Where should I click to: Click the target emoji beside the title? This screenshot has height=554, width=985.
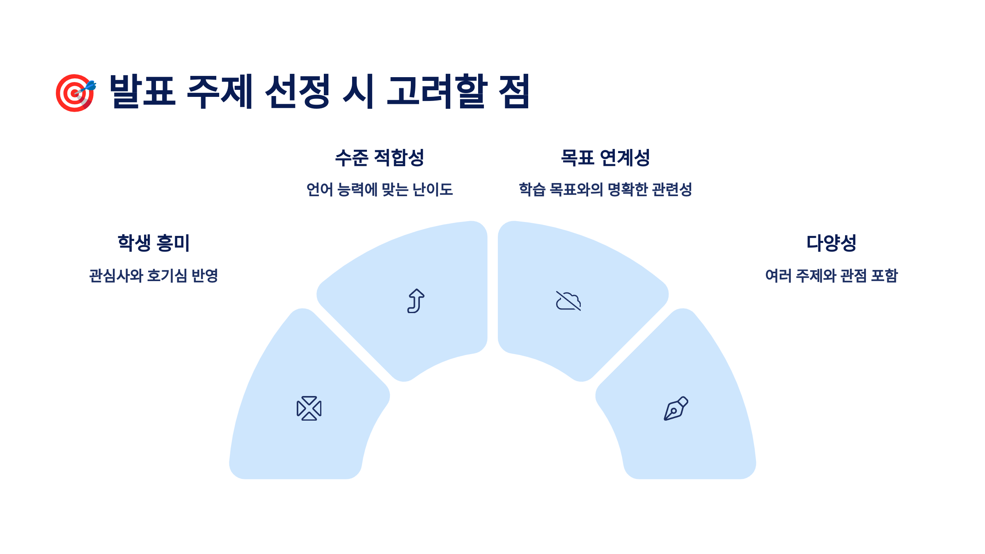coord(76,92)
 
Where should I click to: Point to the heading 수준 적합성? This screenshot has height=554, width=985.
coord(379,158)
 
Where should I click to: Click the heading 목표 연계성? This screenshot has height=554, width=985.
coord(605,158)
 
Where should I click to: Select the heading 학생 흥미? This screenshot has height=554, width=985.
coord(153,243)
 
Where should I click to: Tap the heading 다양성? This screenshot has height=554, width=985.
coord(831,243)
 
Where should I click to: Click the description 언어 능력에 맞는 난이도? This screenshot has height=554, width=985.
coord(379,190)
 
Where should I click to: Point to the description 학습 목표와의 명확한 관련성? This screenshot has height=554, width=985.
coord(605,190)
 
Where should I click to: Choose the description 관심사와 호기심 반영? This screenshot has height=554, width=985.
coord(153,276)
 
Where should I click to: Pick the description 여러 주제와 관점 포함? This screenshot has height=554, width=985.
coord(831,276)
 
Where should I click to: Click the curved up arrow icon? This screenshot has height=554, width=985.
coord(416,301)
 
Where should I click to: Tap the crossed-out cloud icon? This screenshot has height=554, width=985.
coord(568,301)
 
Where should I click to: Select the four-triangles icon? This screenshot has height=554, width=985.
coord(309,408)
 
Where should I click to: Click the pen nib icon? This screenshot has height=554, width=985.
coord(676,408)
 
